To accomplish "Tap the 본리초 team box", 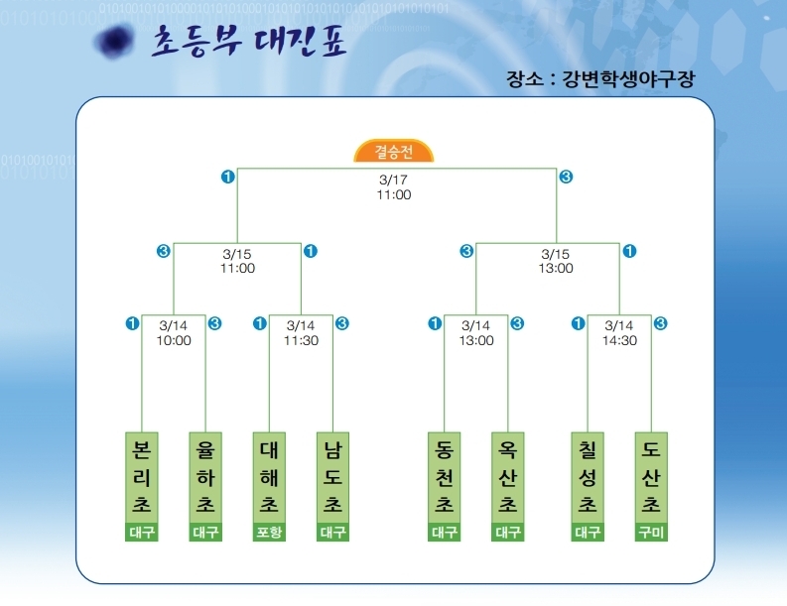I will [x=142, y=477].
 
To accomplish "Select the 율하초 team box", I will [x=205, y=477].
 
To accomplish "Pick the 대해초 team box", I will [x=269, y=477].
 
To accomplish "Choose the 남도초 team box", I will [x=332, y=477].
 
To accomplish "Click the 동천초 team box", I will [x=444, y=477].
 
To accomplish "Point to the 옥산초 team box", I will [x=507, y=477].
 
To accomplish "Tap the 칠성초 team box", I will [x=588, y=477].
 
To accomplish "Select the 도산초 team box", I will [x=651, y=477].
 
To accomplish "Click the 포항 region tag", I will [x=269, y=533].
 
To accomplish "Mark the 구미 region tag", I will [x=651, y=533].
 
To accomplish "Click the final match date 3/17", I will [x=393, y=181].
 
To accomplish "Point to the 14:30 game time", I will [x=619, y=340].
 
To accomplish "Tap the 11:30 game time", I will [x=301, y=340].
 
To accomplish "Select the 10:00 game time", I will [x=174, y=340].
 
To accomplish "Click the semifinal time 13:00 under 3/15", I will [x=556, y=268].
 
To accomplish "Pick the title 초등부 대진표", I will [x=248, y=42].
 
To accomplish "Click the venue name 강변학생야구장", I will [x=627, y=79].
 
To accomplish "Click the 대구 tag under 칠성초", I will [x=588, y=533].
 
